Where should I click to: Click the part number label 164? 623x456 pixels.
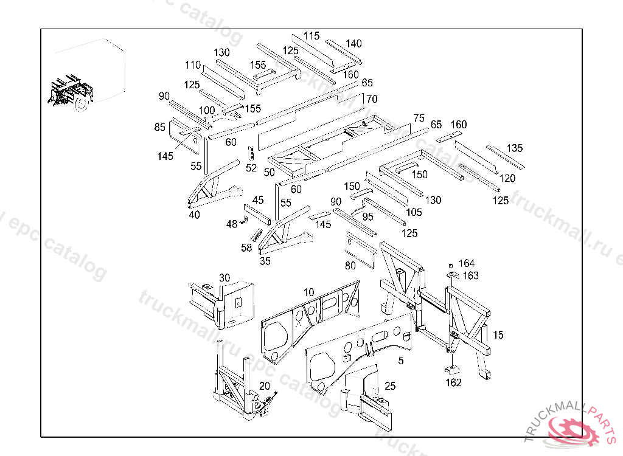[467, 263]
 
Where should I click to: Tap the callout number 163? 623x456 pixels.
[470, 275]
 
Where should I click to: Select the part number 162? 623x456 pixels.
[453, 382]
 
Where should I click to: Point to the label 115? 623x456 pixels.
[311, 36]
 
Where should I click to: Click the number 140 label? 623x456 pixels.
[353, 43]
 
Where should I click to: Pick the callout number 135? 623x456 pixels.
[515, 148]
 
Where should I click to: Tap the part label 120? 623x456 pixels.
[507, 178]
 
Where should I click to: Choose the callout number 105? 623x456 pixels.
[414, 212]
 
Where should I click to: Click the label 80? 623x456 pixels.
[351, 266]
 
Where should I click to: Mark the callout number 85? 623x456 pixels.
[160, 127]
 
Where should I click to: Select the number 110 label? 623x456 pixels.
[193, 65]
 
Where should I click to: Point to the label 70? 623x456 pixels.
[372, 98]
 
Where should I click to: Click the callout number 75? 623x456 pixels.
[418, 117]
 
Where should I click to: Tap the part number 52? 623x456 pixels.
[251, 168]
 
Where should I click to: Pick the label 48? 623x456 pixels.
[232, 224]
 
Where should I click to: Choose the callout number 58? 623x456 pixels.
[246, 247]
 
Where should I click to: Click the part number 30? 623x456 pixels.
[224, 278]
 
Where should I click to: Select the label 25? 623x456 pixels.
[390, 386]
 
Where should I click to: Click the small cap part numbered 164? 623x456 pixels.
[451, 266]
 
